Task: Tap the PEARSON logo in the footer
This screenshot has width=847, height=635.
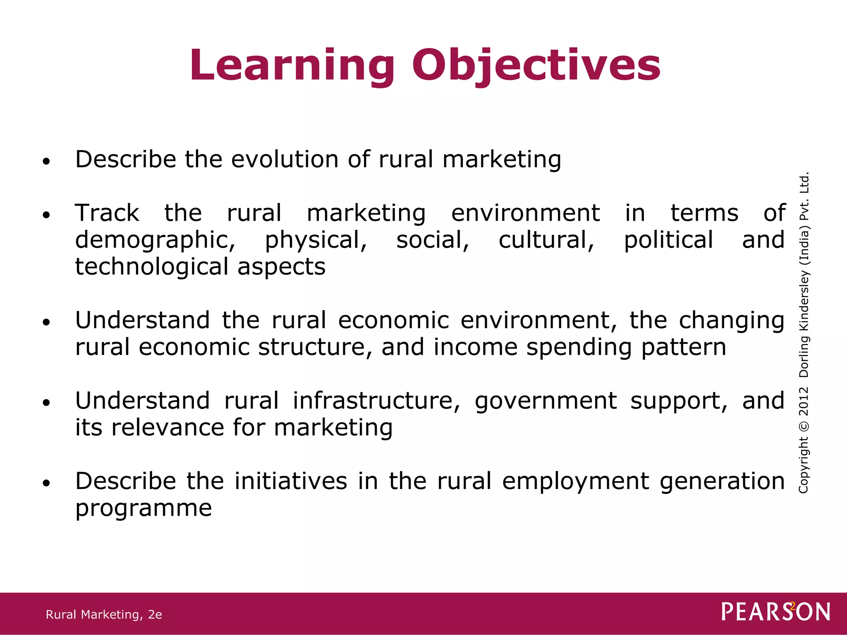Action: click(775, 612)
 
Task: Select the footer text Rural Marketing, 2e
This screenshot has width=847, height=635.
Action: click(104, 615)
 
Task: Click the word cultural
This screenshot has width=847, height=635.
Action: click(546, 240)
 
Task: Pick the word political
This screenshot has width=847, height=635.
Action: click(668, 241)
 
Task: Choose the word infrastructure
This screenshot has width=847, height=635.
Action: click(376, 401)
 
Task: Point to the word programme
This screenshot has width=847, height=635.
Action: click(144, 508)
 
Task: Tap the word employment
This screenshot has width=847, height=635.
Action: click(575, 482)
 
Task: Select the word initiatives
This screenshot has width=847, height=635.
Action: click(291, 481)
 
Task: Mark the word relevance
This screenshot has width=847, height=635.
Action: click(167, 427)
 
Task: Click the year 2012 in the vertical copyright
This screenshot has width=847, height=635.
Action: click(803, 401)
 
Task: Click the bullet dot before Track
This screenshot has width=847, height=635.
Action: click(46, 215)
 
